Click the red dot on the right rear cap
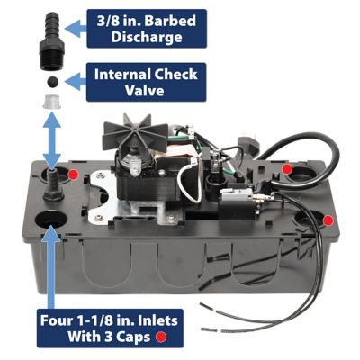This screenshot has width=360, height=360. (285, 168)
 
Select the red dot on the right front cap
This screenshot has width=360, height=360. (328, 220)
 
